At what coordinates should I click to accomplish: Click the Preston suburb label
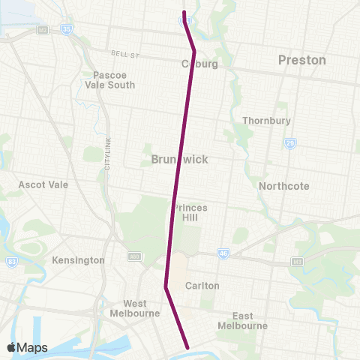click(301, 60)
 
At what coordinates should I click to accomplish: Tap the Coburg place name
click(199, 64)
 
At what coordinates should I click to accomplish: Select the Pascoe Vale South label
click(114, 79)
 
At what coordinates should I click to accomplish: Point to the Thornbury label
click(262, 121)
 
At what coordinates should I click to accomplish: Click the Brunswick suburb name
click(179, 160)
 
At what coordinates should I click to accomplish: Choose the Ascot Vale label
click(43, 184)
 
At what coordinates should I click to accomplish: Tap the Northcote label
click(283, 186)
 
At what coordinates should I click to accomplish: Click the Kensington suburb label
click(79, 260)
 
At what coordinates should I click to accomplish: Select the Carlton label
click(202, 286)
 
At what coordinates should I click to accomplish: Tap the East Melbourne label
click(242, 320)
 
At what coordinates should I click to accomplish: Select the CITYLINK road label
click(107, 157)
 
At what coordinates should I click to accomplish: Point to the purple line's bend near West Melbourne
click(165, 286)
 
